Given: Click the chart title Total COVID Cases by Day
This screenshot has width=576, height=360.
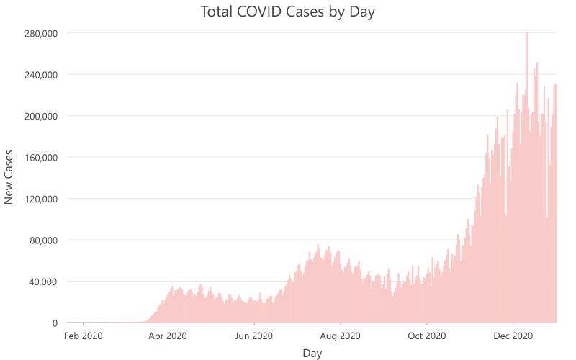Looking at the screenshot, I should (288, 12).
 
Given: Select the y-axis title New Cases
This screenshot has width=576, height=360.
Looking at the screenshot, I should (9, 177).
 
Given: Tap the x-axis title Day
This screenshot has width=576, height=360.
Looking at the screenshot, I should (312, 354).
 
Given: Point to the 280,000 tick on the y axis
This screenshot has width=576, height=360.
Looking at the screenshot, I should (40, 34).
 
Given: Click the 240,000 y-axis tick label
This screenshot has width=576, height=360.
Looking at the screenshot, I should (40, 75).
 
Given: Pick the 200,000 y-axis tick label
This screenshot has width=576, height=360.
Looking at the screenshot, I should (40, 117).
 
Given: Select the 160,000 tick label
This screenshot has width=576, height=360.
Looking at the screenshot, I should (40, 158).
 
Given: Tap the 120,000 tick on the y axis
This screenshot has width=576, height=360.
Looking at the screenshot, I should (40, 199).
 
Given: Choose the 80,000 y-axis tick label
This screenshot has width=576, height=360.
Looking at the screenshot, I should (43, 240).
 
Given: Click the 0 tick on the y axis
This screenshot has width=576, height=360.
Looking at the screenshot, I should (54, 323).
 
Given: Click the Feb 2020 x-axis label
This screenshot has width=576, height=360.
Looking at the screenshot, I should (84, 336).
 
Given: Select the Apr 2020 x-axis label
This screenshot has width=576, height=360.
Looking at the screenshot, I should (168, 336).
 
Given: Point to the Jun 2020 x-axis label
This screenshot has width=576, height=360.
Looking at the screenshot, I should (253, 336).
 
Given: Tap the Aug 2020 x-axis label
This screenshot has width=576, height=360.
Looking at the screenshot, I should (340, 336).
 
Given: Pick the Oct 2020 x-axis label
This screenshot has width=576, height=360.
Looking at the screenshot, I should (426, 336).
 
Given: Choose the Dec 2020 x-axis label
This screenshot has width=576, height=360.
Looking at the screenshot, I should (513, 336).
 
